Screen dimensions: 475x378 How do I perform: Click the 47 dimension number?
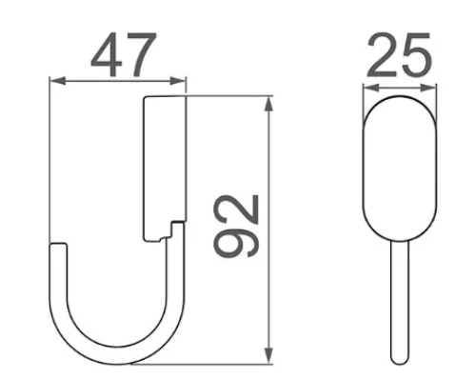pos(124,54)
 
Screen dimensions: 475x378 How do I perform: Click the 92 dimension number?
pos(237,226)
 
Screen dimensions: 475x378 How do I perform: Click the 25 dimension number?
pos(399,54)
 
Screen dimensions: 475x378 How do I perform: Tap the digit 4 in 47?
pos(107,54)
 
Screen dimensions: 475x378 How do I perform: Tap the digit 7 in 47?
pos(141,54)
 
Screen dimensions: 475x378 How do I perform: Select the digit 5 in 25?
pos(417,54)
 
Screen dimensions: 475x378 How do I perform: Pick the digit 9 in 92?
pos(237,242)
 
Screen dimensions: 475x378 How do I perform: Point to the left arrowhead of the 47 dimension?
pos(58,81)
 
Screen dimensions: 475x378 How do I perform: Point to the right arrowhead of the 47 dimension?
pos(178,81)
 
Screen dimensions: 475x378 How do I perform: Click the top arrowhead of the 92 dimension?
pos(268,104)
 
